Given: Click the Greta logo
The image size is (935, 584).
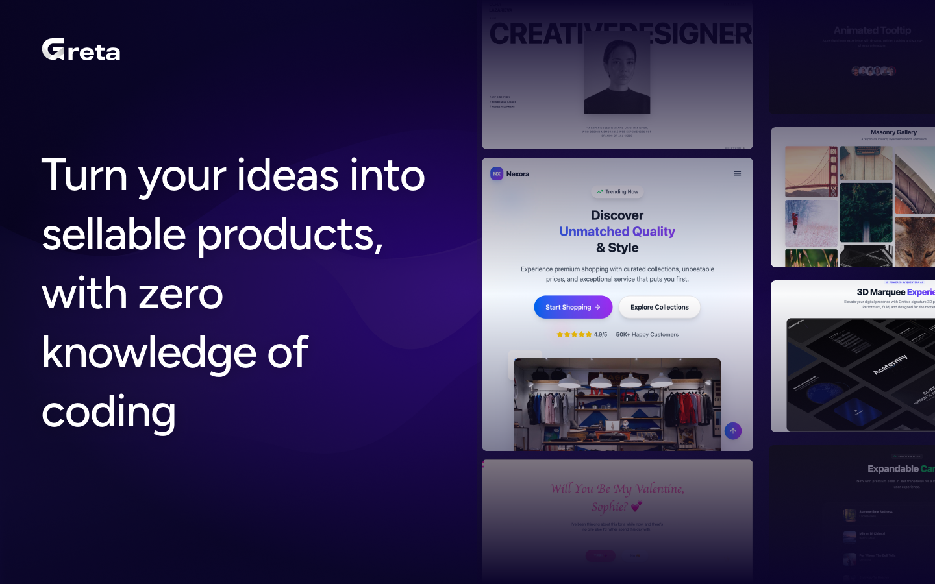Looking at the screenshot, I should tap(81, 50).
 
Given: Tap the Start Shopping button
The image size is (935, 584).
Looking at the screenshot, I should tap(573, 307).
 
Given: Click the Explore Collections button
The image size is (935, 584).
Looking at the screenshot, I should tap(659, 307).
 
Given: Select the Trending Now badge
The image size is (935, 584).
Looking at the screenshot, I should tap(617, 192).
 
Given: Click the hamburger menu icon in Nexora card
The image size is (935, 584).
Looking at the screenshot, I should tap(737, 174).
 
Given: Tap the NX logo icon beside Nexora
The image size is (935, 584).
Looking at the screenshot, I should tap(497, 174).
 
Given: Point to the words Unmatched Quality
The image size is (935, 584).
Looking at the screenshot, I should tap(617, 232).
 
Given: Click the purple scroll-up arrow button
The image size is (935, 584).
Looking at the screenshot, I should tap(732, 431).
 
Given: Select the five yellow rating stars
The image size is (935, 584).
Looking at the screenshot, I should tap(573, 335).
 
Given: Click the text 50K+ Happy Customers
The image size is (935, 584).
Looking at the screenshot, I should tap(647, 335).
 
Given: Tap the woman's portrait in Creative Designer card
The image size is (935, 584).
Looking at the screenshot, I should tap(617, 73).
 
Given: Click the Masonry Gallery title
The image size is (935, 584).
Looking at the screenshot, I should tap(893, 132).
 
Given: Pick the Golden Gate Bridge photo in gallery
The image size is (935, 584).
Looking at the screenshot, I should tap(811, 171).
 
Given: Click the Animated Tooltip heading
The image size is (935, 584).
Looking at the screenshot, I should tap(872, 30).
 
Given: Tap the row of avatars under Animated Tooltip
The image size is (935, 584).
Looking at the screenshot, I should tap(873, 71).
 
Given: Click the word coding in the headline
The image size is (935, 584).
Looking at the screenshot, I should tap(109, 412).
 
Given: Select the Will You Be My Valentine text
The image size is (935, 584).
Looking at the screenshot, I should tap(617, 489).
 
